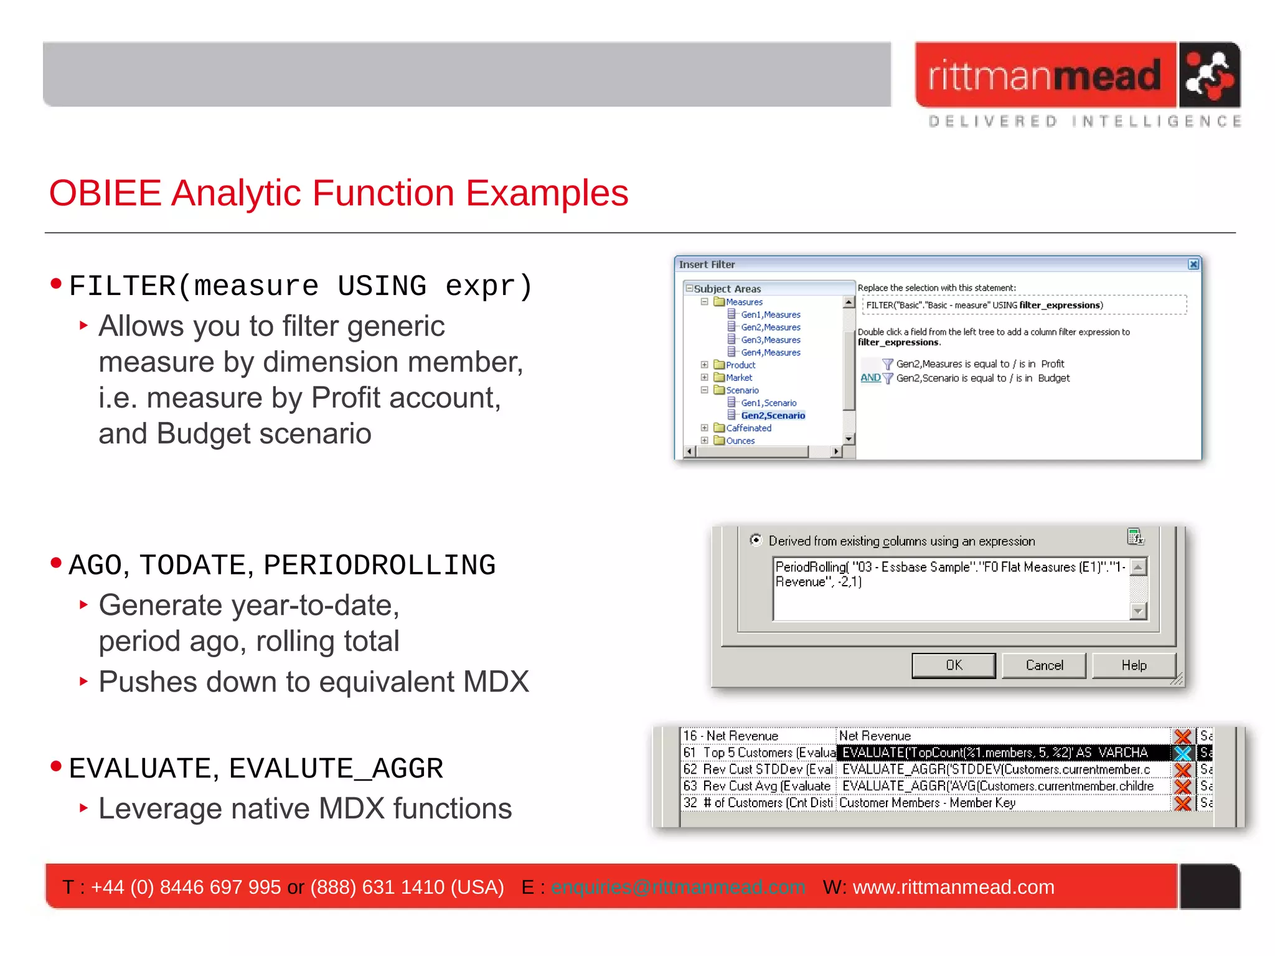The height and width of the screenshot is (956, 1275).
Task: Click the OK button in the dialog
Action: pos(953,665)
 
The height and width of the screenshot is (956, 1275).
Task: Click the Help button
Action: pos(1133,665)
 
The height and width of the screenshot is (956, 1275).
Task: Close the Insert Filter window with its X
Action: pos(1193,265)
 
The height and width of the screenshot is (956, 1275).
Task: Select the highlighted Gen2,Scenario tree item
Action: pos(773,416)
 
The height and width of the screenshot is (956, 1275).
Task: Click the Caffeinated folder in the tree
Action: pos(748,428)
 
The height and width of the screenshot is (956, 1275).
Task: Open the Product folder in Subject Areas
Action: pos(740,365)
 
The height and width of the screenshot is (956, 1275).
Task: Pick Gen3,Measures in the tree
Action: pos(770,340)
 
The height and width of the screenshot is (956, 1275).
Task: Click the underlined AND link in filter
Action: pos(870,378)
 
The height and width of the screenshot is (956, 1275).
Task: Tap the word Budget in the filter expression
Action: pos(1053,378)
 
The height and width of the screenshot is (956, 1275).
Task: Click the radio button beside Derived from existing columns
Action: pos(756,540)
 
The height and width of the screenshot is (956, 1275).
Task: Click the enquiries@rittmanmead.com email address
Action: pos(678,887)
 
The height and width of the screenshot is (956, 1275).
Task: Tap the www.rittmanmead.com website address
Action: pos(953,887)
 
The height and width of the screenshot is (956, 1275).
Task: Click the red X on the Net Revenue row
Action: pos(1182,736)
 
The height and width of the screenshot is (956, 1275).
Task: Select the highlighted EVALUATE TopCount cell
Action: pos(994,753)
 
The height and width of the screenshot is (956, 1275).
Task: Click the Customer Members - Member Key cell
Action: pos(927,803)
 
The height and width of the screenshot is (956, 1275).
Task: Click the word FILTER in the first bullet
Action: pos(123,286)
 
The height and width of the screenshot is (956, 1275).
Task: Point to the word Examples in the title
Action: pos(547,193)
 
